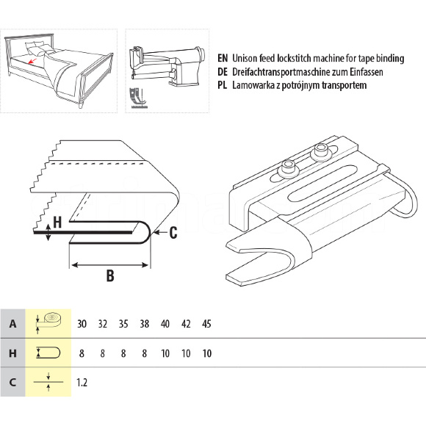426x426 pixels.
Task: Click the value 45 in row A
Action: click(206, 324)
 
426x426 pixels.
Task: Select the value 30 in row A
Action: click(82, 324)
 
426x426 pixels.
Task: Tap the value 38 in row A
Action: click(144, 324)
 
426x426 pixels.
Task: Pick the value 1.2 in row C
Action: click(82, 383)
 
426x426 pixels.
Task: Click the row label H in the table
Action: click(12, 353)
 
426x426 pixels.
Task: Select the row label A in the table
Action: click(12, 324)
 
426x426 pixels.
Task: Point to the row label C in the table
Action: click(12, 383)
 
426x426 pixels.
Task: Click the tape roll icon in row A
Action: click(49, 322)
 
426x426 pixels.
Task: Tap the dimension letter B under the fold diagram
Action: click(110, 275)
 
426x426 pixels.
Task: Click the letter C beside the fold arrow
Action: click(173, 233)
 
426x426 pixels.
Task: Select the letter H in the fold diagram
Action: click(57, 222)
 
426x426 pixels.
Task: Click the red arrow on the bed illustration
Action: click(32, 61)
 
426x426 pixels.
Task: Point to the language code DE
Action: click(223, 72)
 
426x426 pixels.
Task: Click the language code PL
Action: click(222, 85)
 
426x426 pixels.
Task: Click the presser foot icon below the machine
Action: click(138, 98)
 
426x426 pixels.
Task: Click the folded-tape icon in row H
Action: click(48, 353)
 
